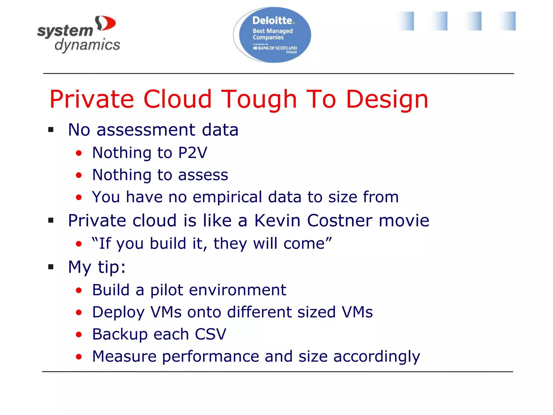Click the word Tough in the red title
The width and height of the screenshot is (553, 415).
click(x=259, y=99)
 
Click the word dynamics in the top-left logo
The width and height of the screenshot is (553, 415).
click(x=87, y=45)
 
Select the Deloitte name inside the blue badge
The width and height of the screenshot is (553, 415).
click(x=272, y=21)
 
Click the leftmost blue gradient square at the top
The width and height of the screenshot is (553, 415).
click(x=406, y=21)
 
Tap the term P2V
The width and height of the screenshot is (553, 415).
click(x=193, y=153)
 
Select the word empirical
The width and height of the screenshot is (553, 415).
click(x=227, y=197)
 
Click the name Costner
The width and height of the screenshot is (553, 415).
click(x=339, y=220)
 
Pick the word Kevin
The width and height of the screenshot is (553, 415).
click(x=277, y=220)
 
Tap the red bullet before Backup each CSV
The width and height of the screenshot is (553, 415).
click(x=79, y=335)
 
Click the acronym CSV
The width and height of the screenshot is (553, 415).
click(x=210, y=334)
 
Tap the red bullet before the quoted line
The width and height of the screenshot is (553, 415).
click(x=79, y=244)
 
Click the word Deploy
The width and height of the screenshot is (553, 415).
click(x=118, y=312)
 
